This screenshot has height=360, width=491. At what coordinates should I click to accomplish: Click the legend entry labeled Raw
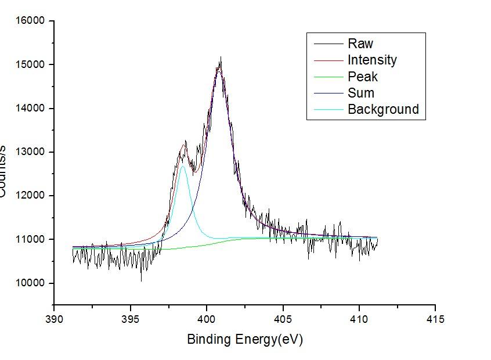tap(360, 44)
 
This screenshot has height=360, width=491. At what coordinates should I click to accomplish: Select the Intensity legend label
tap(372, 60)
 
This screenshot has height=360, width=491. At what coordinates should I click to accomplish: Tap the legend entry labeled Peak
tap(363, 77)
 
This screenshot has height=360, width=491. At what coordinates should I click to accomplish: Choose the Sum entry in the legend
tap(361, 93)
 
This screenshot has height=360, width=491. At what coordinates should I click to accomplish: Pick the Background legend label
tap(383, 109)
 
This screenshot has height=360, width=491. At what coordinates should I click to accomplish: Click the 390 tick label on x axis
tap(54, 319)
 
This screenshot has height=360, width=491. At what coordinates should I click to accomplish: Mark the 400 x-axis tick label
tap(207, 319)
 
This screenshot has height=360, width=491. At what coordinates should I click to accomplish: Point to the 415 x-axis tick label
tap(435, 319)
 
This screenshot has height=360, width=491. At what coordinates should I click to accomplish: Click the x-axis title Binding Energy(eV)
tap(245, 339)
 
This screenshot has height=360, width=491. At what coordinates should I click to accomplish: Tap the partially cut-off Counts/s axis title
tap(3, 172)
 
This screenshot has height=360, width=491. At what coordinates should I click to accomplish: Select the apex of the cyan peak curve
tap(183, 167)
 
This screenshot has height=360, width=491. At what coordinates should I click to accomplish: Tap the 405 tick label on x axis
tap(283, 319)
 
